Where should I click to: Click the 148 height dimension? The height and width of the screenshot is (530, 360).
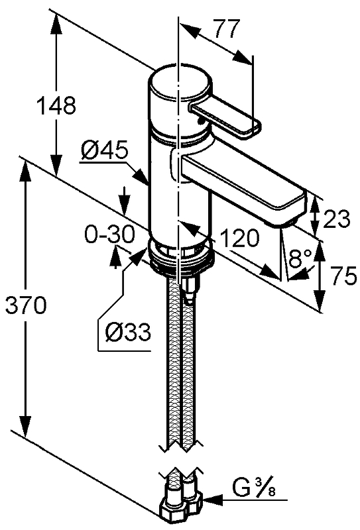pyautogui.click(x=56, y=105)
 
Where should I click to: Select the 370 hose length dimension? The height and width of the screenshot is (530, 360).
pyautogui.click(x=26, y=305)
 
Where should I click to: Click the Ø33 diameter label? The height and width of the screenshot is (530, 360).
pyautogui.click(x=127, y=332)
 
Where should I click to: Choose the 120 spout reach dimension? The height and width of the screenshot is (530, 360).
pyautogui.click(x=239, y=238)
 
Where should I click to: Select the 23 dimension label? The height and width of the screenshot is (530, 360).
pyautogui.click(x=336, y=219)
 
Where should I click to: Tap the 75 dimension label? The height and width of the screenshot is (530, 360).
pyautogui.click(x=343, y=276)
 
